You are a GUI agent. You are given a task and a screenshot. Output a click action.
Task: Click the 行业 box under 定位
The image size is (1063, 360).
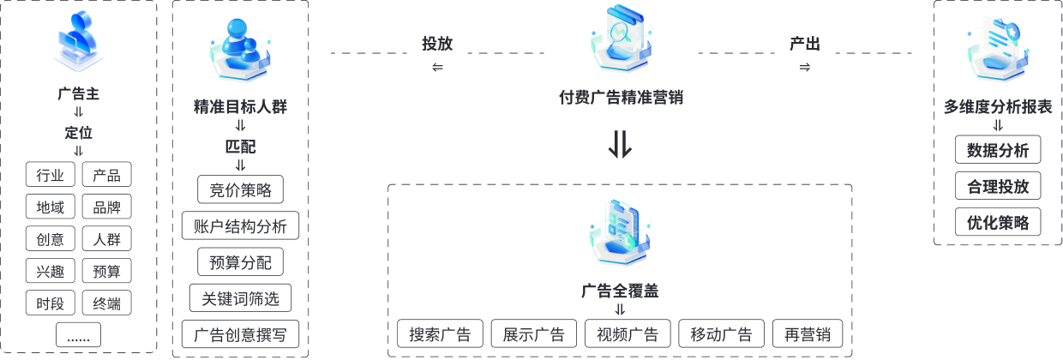[51, 176]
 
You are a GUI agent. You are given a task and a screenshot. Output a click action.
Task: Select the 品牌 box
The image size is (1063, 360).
[107, 207]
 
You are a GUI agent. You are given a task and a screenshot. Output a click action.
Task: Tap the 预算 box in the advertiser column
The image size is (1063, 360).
[107, 272]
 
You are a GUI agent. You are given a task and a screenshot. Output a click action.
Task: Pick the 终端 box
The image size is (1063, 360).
[107, 303]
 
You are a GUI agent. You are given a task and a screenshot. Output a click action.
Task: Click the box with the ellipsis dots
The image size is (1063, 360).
[78, 335]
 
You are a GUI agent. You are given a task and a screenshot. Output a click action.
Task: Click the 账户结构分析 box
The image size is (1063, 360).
[240, 226]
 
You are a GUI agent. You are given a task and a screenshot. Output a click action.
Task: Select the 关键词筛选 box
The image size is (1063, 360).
[240, 298]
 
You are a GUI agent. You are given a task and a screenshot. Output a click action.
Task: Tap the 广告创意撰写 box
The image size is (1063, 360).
[240, 334]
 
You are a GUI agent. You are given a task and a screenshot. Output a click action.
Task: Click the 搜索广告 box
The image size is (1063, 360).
[440, 334]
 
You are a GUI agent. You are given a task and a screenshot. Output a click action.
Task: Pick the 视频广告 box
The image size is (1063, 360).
[628, 334]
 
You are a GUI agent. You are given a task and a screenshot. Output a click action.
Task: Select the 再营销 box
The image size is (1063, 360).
[808, 334]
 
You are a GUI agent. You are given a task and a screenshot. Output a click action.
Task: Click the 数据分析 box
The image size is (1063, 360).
[998, 150]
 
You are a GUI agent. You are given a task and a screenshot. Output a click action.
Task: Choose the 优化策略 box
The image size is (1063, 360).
[998, 222]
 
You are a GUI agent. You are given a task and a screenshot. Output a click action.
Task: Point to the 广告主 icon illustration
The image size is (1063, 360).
[80, 43]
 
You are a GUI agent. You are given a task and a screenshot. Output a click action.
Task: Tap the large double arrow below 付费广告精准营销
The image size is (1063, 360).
[620, 145]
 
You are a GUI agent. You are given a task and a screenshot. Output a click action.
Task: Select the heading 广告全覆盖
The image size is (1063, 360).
[620, 291]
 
